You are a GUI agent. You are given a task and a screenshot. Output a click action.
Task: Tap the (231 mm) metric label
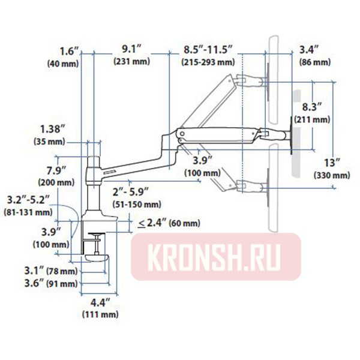pyautogui.click(x=132, y=62)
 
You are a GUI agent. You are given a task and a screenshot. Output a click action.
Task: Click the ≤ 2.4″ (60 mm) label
pyautogui.click(x=168, y=223)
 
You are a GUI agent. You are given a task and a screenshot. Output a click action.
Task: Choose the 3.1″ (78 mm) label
pyautogui.click(x=55, y=271)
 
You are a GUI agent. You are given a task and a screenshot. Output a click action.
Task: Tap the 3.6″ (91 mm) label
pyautogui.click(x=55, y=283)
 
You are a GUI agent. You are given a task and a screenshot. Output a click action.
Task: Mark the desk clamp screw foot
pyautogui.click(x=95, y=258)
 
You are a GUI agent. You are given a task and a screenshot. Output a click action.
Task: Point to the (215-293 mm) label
pyautogui.click(x=208, y=62)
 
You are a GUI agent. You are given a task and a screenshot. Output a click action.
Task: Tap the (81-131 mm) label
pyautogui.click(x=27, y=212)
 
